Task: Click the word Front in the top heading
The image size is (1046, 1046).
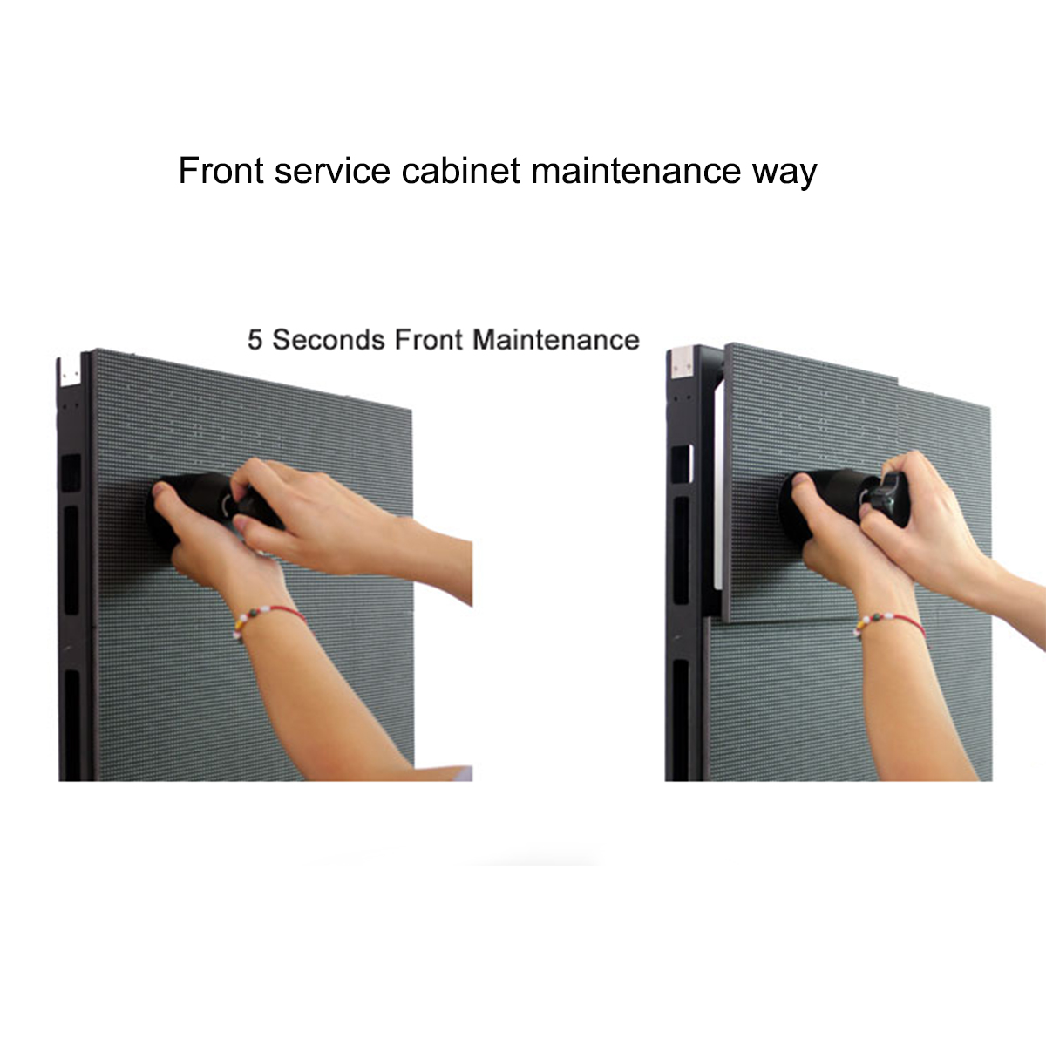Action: coord(221,170)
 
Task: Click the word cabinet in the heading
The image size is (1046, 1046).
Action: coord(461,170)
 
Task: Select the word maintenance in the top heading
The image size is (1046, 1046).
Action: coord(636,170)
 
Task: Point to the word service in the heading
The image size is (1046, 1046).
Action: coord(332,170)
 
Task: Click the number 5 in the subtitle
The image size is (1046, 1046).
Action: coord(255,340)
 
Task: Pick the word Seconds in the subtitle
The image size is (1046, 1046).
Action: coord(329,340)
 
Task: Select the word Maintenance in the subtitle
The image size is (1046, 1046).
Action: coord(556,340)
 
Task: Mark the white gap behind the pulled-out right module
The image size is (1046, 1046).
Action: coord(718,488)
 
